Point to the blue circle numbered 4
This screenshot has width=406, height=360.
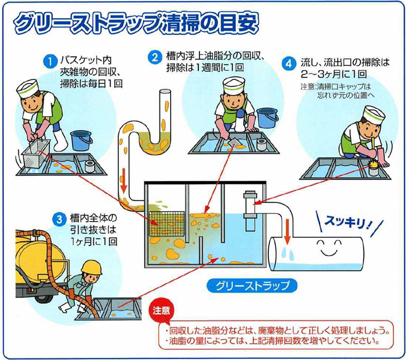(x=289, y=64)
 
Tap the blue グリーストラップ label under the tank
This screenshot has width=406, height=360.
(x=251, y=284)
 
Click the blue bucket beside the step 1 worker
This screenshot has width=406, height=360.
(x=81, y=141)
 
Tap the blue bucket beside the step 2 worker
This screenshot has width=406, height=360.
(x=267, y=117)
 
